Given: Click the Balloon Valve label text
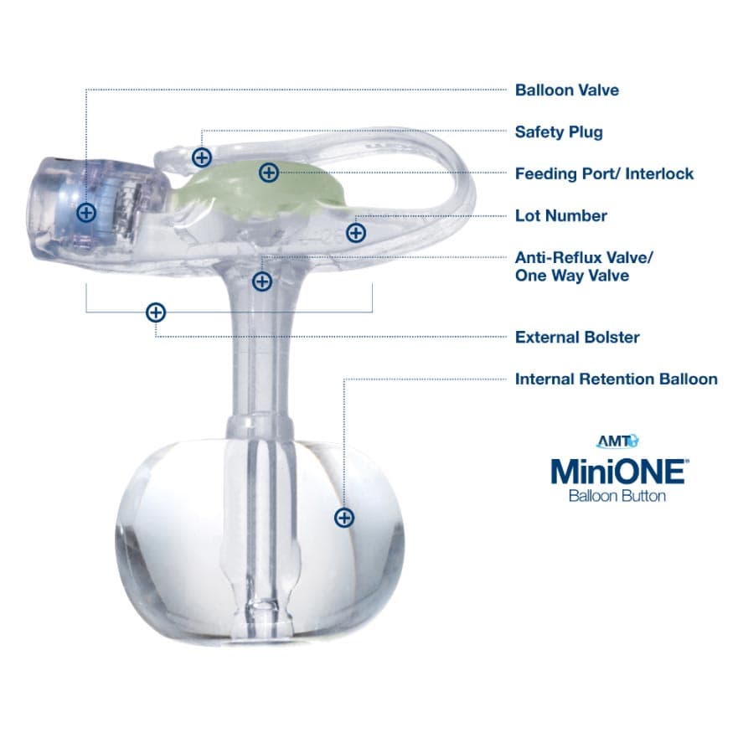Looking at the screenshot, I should point(567,90).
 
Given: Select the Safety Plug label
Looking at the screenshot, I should point(559,132).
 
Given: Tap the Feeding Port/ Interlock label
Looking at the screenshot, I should point(604,174).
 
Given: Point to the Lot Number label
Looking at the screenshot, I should point(560,216).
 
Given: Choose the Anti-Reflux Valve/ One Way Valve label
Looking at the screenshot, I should point(583,266).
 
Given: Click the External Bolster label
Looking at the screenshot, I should point(577,338).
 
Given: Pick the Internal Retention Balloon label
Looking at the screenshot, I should point(616,379).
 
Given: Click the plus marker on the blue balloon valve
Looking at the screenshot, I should point(86,212).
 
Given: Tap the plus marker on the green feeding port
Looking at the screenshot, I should point(268,173).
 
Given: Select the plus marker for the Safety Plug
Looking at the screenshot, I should point(202,157).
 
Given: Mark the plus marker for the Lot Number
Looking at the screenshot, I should point(356,232).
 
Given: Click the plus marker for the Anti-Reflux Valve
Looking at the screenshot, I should point(262,281).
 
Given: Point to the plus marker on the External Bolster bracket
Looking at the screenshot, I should point(156,312).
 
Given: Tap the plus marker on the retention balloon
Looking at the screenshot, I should point(343,518).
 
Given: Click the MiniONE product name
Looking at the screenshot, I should point(618,471).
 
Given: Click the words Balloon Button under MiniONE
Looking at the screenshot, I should point(617,496).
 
